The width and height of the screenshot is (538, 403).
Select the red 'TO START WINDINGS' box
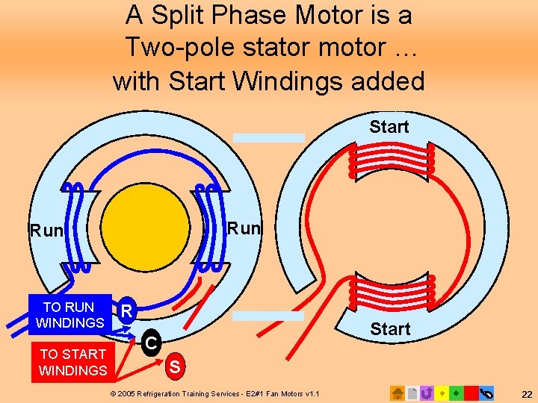[72, 362]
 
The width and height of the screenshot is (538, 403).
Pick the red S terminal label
[174, 366]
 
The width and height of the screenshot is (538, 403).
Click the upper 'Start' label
[389, 127]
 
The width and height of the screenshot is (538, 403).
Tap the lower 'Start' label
[390, 329]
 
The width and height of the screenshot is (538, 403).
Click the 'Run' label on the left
[46, 231]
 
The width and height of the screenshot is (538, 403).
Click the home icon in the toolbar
[398, 392]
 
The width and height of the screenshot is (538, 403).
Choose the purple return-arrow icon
[427, 392]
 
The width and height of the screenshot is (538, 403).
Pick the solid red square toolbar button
[471, 392]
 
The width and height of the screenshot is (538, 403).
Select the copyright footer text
[214, 393]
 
